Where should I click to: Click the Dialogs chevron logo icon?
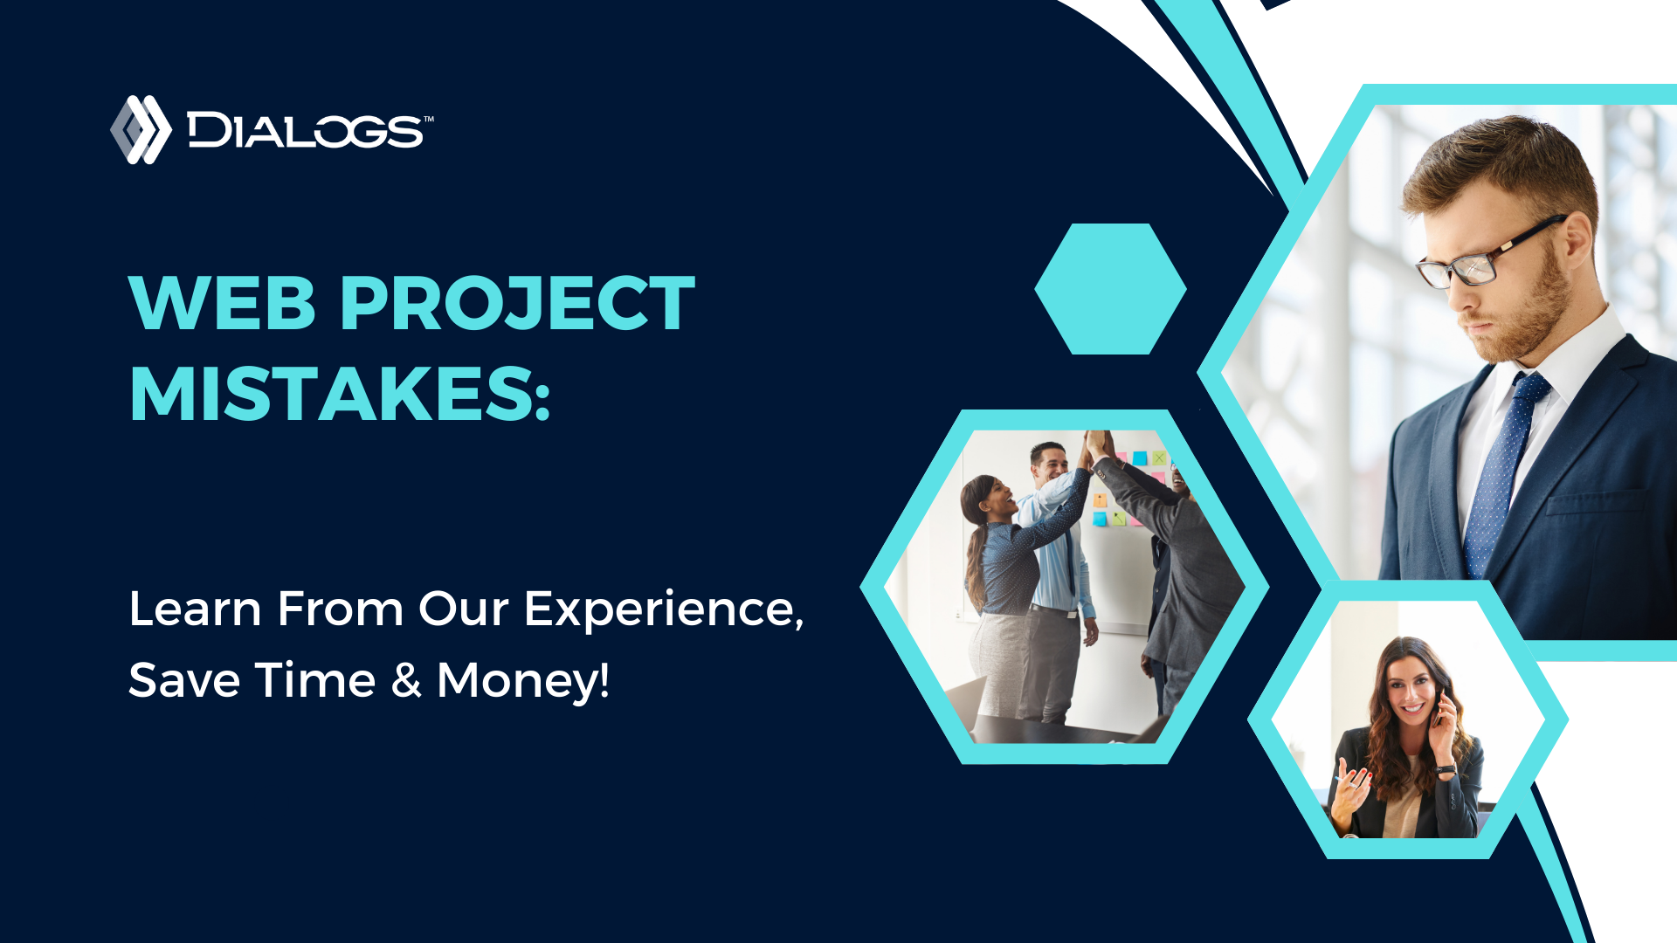coord(141,129)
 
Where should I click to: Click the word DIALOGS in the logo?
coord(305,131)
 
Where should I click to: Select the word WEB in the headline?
coord(222,303)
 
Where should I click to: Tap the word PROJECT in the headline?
coord(517,303)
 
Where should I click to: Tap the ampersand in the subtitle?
coord(406,680)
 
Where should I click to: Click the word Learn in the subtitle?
coord(195,609)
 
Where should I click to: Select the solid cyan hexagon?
coord(1110,289)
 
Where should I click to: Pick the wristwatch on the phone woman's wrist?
coord(1446,770)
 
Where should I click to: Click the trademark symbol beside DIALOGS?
coord(428,119)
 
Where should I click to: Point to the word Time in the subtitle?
coord(315,680)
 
